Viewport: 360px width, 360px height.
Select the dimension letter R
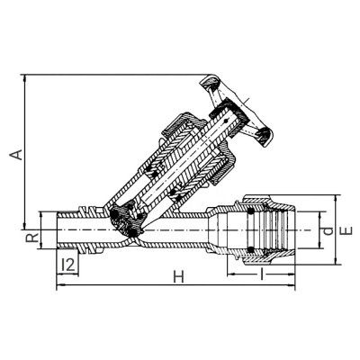31,239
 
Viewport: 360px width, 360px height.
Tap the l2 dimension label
67,264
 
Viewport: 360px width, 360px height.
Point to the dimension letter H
177,276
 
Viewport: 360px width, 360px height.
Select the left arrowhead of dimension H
59,287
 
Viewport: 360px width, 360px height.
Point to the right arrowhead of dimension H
292,287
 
